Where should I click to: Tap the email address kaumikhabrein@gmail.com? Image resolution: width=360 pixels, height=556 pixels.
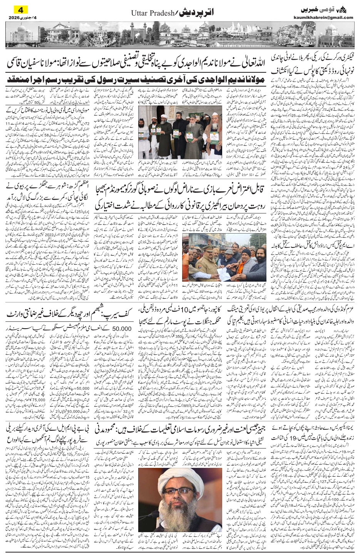click(x=328, y=17)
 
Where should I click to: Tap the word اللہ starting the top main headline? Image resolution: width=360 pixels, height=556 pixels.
click(x=266, y=60)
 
